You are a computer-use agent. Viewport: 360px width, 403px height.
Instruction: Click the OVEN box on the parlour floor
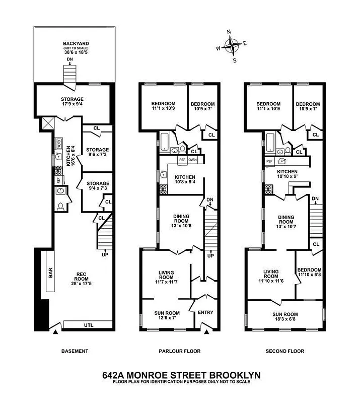pos(193,160)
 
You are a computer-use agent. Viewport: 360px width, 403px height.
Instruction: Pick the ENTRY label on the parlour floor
pos(205,312)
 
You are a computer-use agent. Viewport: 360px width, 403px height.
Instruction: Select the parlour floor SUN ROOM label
pos(167,313)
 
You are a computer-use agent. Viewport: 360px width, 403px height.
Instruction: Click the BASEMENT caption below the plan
pos(75,351)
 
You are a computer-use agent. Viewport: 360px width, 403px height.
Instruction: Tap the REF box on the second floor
pos(270,161)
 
